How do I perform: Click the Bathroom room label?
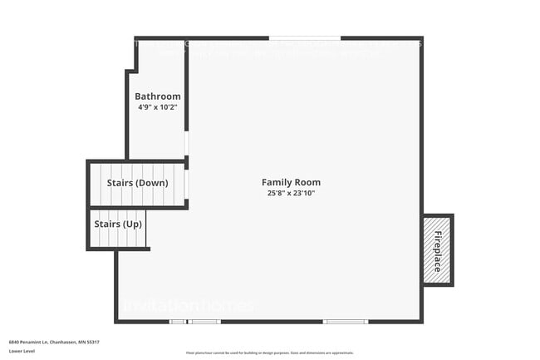coord(158,96)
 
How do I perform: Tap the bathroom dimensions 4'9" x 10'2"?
coord(158,107)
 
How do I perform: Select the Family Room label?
coord(291,182)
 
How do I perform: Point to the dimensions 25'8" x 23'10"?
coord(291,193)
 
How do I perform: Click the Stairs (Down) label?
coord(138,183)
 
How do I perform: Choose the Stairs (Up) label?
coord(118,224)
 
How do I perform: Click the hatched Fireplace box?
coord(437,250)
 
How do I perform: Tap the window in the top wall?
coord(305,37)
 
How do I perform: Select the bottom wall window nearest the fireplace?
coord(345,322)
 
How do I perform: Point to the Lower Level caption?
coord(22,352)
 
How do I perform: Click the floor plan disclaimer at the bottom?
coord(270,353)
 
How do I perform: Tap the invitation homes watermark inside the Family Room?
coord(189,306)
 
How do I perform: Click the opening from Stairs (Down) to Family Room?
coord(187,184)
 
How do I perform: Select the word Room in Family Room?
coord(307,182)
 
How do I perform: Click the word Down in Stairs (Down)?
coord(155,183)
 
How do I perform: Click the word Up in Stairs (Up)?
coord(133,224)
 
